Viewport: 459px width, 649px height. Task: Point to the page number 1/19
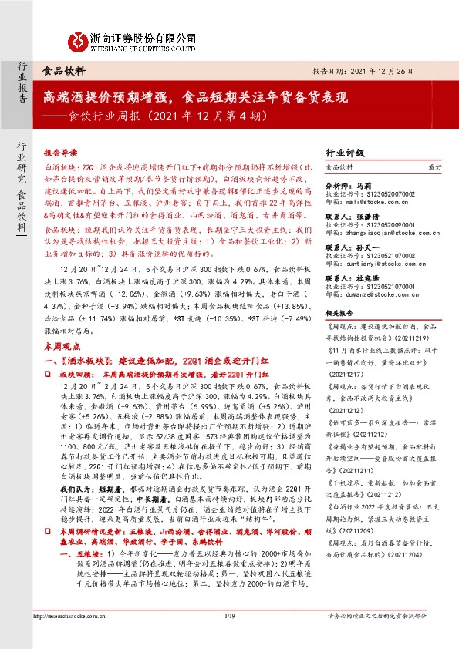(229, 637)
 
